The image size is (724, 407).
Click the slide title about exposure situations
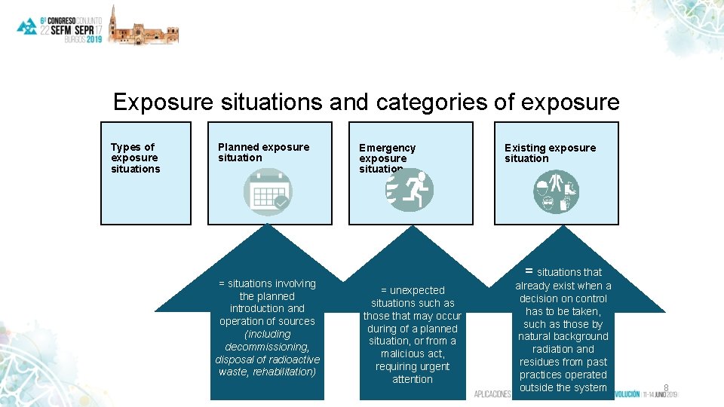tap(366, 102)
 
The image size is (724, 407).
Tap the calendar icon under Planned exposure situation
tap(268, 191)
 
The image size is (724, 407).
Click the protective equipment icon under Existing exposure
tap(557, 191)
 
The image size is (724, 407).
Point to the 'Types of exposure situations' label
tap(136, 158)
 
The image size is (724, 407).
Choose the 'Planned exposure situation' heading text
tap(263, 152)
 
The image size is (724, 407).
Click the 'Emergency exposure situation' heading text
tap(387, 158)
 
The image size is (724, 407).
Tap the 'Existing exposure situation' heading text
tap(550, 153)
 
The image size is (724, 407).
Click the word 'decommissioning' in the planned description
tap(267, 347)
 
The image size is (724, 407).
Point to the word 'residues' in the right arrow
tap(542, 362)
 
